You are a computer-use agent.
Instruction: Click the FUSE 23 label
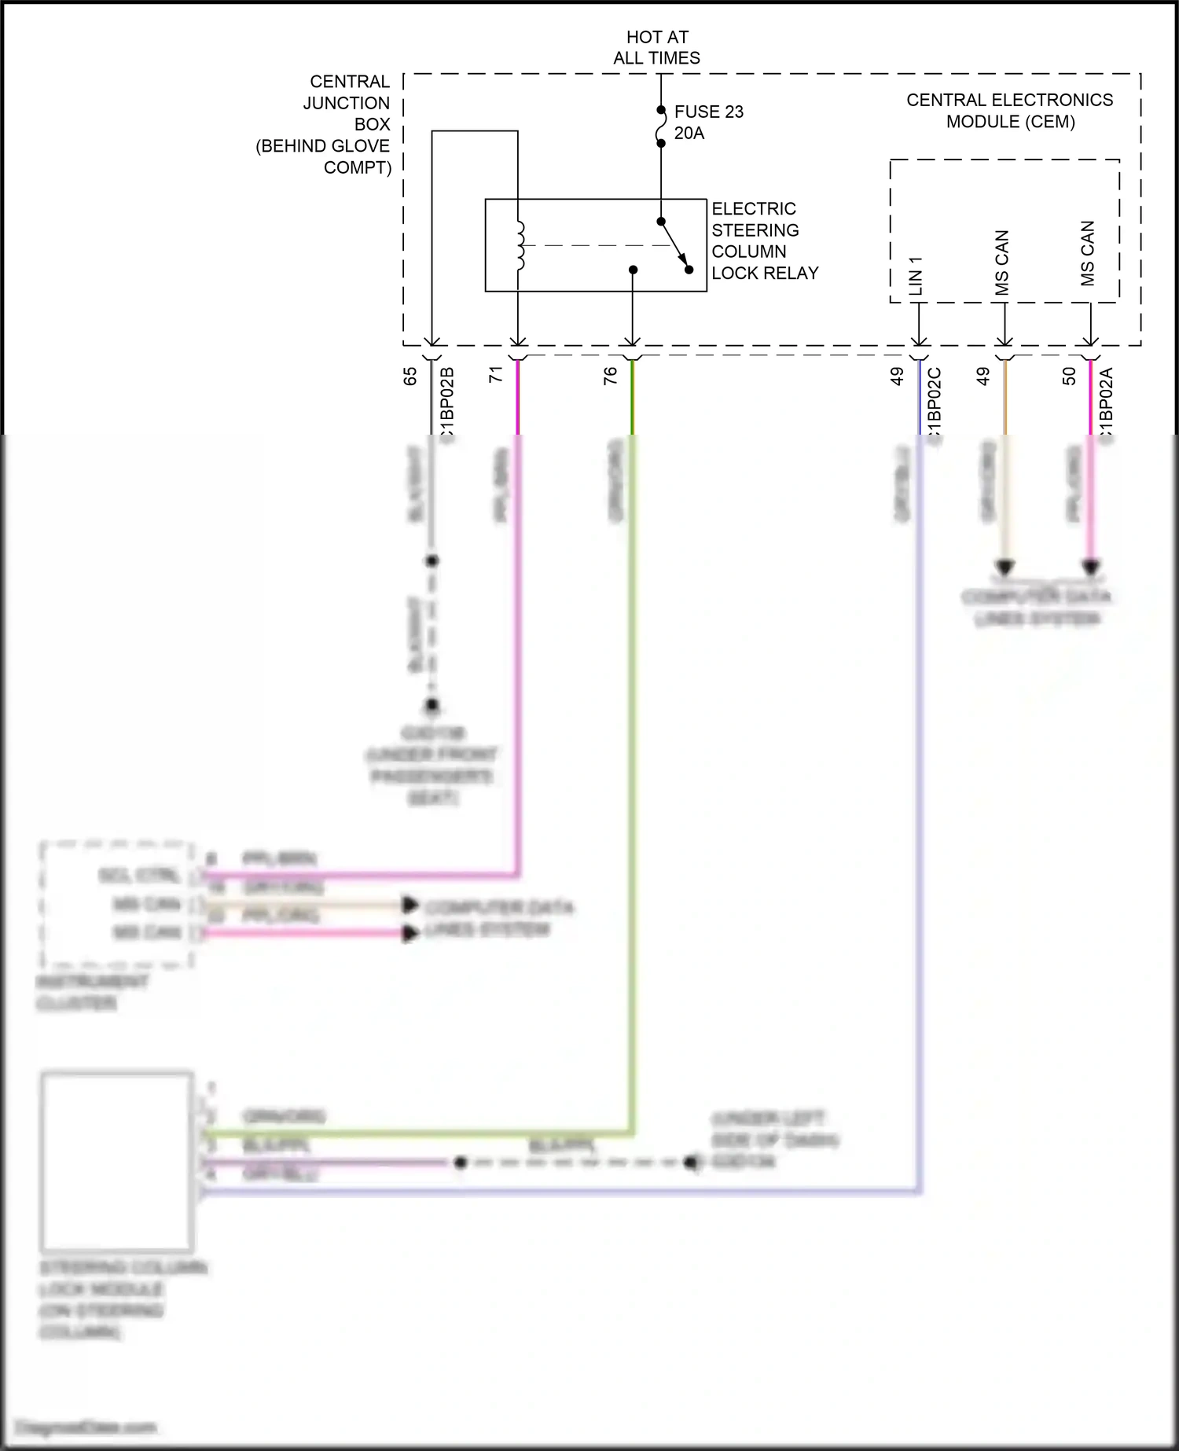[x=708, y=112]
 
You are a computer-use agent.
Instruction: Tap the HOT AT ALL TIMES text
[x=657, y=47]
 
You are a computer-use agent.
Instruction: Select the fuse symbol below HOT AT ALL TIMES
[x=661, y=127]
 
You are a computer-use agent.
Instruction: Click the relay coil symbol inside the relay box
[x=520, y=246]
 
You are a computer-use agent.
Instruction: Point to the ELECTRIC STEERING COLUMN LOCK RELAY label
[x=764, y=241]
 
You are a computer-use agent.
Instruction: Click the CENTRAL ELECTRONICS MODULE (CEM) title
[x=1009, y=111]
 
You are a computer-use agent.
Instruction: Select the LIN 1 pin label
[x=916, y=276]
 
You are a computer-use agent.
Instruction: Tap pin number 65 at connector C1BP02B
[x=410, y=377]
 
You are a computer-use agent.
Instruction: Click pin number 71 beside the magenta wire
[x=496, y=375]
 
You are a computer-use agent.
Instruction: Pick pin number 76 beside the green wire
[x=610, y=377]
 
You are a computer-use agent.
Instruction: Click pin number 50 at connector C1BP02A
[x=1069, y=377]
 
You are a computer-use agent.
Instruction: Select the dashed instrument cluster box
[x=117, y=904]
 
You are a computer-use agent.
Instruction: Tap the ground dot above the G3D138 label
[x=432, y=705]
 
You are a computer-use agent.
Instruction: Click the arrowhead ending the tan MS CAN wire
[x=1005, y=567]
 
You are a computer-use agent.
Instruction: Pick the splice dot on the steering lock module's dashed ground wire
[x=461, y=1162]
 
